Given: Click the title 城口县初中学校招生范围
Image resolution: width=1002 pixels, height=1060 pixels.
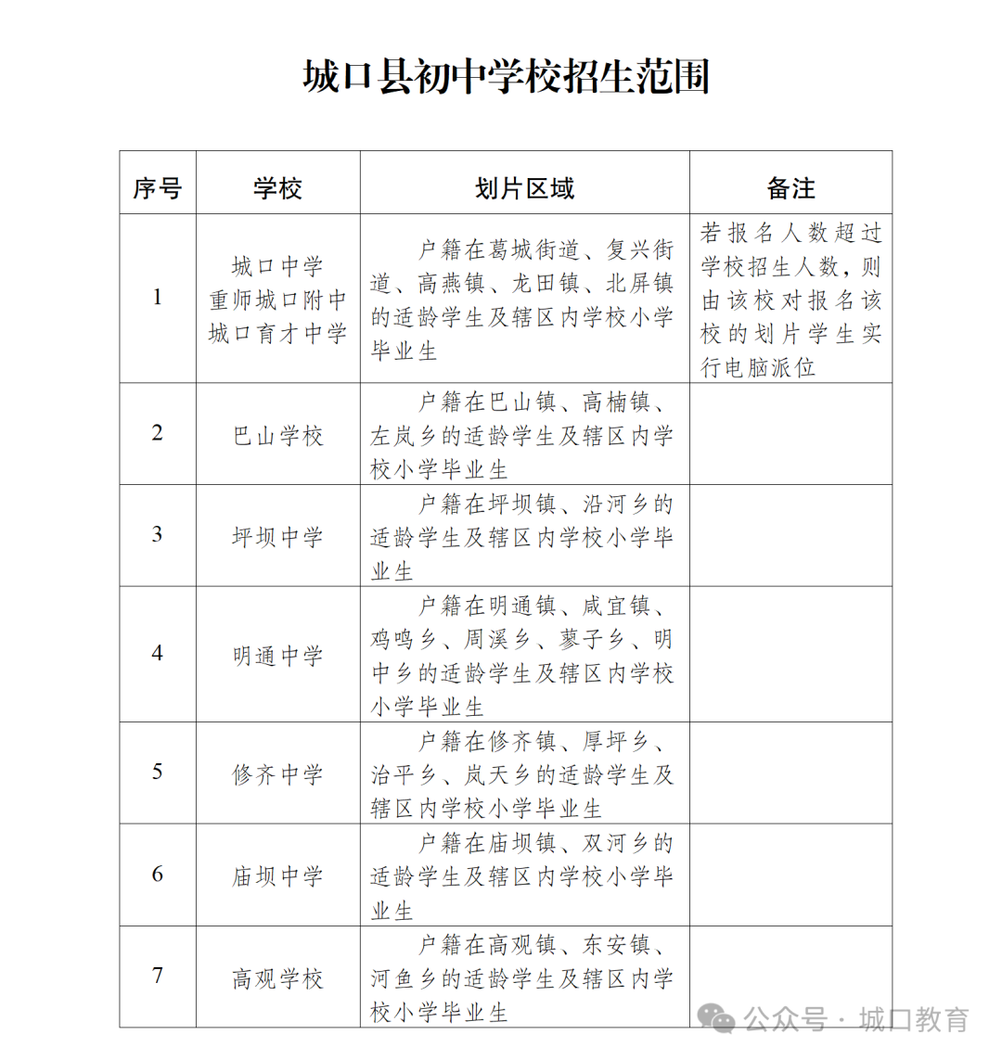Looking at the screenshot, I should click(x=506, y=76).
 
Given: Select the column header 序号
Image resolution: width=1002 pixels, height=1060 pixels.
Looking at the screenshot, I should click(x=157, y=188).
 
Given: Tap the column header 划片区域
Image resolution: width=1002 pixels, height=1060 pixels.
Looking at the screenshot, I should click(x=524, y=188).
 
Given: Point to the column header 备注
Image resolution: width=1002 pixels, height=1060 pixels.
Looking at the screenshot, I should click(x=790, y=188).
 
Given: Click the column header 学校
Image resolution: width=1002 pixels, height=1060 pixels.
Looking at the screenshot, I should click(x=277, y=188).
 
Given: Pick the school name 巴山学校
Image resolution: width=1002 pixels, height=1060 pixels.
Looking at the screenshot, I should click(x=277, y=435).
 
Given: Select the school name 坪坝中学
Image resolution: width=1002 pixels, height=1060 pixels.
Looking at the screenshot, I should click(x=277, y=536).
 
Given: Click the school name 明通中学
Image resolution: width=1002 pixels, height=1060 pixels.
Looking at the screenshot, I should click(x=277, y=656).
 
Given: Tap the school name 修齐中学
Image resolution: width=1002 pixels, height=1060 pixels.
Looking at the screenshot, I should click(x=277, y=773).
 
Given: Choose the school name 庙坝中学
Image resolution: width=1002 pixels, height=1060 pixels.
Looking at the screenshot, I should click(x=277, y=875).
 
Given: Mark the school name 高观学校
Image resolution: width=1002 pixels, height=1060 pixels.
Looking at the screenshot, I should click(x=277, y=977).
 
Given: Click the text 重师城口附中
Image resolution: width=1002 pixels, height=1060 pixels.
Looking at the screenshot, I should click(x=277, y=300).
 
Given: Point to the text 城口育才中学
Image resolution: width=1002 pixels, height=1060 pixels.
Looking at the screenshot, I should click(x=277, y=334).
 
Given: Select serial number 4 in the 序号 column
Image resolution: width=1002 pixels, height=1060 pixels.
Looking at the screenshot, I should click(x=157, y=653).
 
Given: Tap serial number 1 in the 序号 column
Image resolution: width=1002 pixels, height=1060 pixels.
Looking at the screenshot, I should click(x=157, y=297).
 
